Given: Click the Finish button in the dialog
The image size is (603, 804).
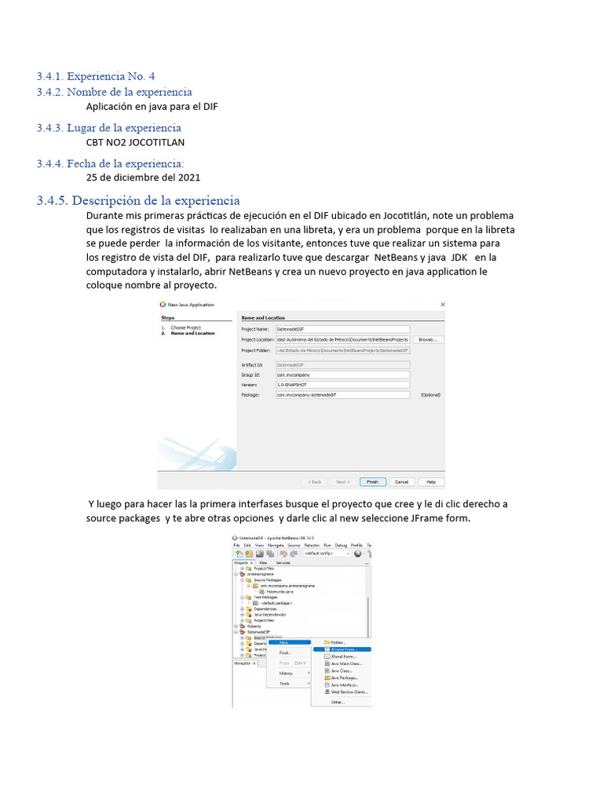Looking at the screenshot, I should (x=371, y=481).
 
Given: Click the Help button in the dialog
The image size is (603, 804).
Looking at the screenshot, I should (x=430, y=481).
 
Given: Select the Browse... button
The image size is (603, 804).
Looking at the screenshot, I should (x=427, y=339).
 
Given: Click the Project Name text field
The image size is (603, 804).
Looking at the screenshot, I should (x=342, y=329).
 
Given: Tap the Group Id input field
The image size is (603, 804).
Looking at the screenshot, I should (x=342, y=375).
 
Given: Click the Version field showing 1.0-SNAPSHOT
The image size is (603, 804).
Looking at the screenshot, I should (x=342, y=385).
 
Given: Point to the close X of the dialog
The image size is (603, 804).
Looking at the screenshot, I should (x=442, y=304).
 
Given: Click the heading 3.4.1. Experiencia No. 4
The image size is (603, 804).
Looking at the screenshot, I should (x=96, y=76).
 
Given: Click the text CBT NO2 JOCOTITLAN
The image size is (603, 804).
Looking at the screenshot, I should (x=135, y=143).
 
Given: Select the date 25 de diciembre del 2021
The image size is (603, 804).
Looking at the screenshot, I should (x=142, y=178).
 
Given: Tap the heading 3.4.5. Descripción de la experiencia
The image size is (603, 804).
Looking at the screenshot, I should (x=138, y=201).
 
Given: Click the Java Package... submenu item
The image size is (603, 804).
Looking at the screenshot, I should (x=344, y=678).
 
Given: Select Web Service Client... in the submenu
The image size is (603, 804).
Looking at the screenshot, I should (x=349, y=692).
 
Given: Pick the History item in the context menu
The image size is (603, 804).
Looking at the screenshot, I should (x=286, y=673).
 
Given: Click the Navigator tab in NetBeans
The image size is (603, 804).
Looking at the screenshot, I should (x=243, y=663).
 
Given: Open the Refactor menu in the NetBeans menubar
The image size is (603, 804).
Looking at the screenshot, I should (x=311, y=544).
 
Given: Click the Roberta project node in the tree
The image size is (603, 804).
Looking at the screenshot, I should (x=253, y=626).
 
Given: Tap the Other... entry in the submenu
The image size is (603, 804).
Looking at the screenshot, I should (x=338, y=702).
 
